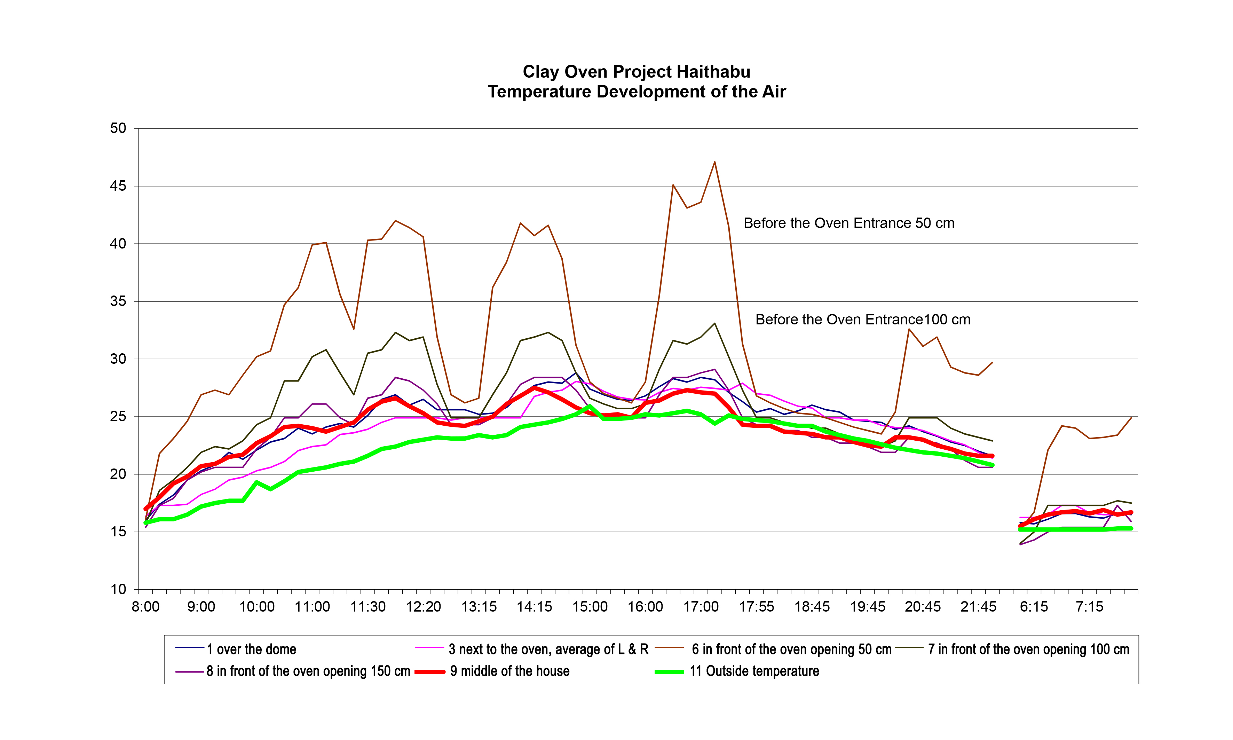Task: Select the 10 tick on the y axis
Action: (118, 589)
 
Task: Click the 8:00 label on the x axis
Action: (145, 607)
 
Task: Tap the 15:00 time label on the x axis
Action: (590, 607)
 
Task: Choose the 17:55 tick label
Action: (756, 607)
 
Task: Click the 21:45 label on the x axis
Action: (978, 607)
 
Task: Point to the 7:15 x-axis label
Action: (1089, 607)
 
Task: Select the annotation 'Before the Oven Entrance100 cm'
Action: (863, 320)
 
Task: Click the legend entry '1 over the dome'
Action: (251, 649)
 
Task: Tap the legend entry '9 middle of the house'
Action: (509, 671)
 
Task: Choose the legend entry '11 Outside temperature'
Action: (754, 671)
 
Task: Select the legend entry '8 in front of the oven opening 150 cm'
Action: (308, 671)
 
